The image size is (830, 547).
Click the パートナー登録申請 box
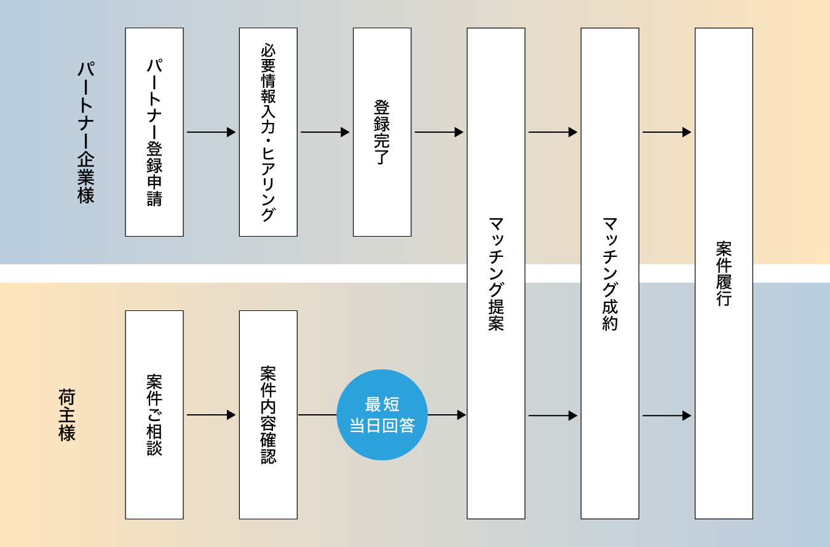click(x=154, y=132)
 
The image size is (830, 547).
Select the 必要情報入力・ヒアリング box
click(x=268, y=132)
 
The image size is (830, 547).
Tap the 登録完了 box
click(x=382, y=132)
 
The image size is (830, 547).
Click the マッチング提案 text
click(x=496, y=273)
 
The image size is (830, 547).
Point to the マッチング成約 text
click(x=610, y=273)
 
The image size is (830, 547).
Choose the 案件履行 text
click(x=724, y=273)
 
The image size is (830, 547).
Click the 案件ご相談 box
click(x=154, y=415)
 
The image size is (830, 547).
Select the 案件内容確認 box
click(x=268, y=415)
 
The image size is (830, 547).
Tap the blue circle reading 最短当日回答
click(x=382, y=415)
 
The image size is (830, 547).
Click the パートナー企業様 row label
click(x=85, y=132)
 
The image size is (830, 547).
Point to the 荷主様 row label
click(x=66, y=415)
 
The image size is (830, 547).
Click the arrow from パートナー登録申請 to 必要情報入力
click(x=211, y=132)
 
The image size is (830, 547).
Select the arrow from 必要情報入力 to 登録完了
click(x=325, y=132)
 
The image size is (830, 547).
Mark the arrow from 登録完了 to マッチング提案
click(x=438, y=132)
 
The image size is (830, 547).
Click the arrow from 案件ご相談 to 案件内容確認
click(x=211, y=415)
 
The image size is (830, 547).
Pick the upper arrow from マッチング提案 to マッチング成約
click(x=553, y=132)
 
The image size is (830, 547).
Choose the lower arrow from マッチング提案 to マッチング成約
click(x=553, y=415)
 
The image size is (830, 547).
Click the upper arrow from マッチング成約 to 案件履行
click(x=666, y=132)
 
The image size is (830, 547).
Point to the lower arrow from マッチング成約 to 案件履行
click(x=666, y=415)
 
